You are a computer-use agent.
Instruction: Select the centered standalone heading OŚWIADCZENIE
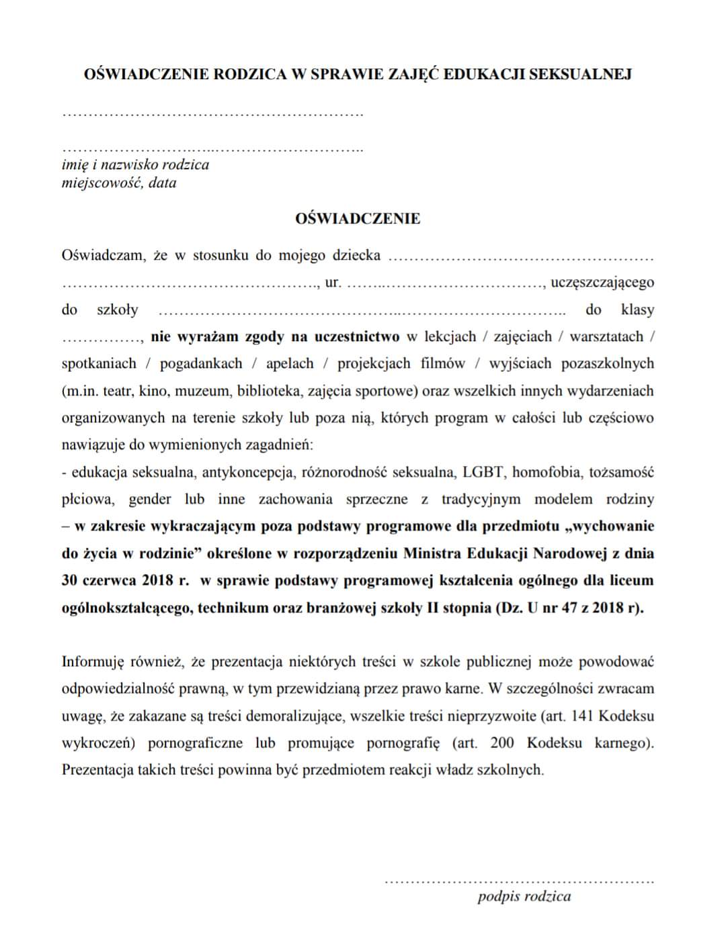[x=358, y=219]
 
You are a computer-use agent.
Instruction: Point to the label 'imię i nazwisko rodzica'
[x=135, y=165]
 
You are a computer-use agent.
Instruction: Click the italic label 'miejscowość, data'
[x=119, y=183]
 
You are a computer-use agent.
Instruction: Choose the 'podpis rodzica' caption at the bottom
[x=524, y=896]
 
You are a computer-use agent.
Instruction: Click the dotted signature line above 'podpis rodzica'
[x=518, y=880]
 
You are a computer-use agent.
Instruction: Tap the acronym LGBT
[x=483, y=472]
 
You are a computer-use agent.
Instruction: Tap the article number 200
[x=503, y=743]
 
